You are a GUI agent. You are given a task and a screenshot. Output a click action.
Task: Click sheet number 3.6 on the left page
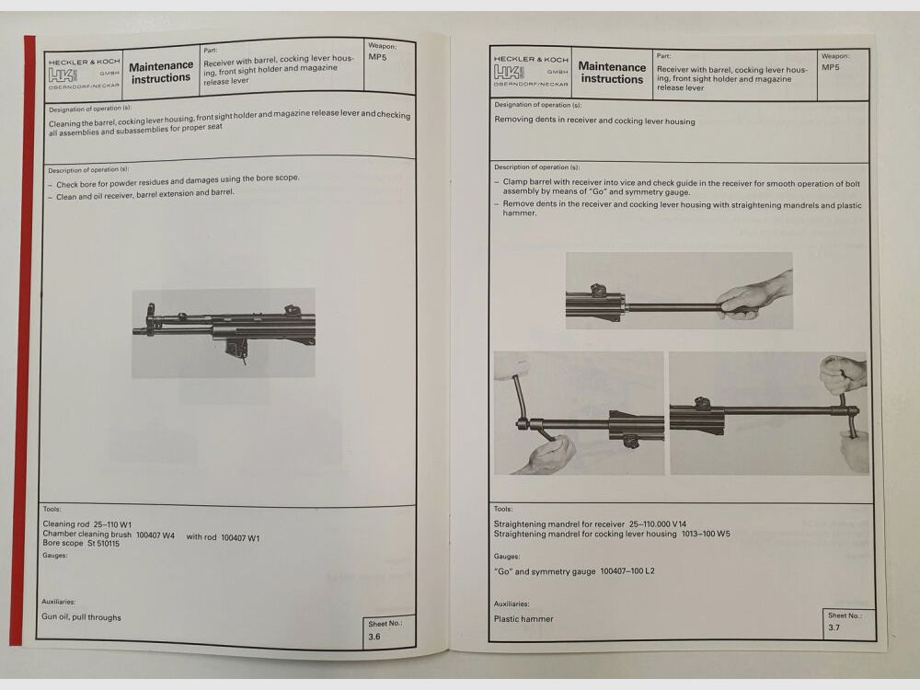point(374,636)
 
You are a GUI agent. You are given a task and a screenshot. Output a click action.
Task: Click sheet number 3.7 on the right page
point(834,627)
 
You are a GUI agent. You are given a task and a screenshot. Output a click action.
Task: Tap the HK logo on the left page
point(63,75)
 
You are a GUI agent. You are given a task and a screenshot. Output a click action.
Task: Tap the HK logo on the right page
point(510,72)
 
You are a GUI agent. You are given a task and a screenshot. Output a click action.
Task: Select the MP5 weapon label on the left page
point(377,57)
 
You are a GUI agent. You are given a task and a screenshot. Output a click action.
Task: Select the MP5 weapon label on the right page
point(830,67)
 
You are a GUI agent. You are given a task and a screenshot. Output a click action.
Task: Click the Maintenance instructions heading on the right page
point(612,73)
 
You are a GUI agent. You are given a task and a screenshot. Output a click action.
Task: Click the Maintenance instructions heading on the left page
point(161,72)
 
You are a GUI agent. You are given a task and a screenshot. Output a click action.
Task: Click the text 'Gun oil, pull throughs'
point(81,617)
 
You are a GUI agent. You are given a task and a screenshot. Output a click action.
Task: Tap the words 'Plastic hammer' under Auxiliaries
point(523,619)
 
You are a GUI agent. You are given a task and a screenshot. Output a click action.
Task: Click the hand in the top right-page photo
point(756,296)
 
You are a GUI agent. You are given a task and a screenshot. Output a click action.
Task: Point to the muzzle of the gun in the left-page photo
point(137,329)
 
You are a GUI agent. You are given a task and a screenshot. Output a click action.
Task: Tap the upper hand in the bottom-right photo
point(843,373)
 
